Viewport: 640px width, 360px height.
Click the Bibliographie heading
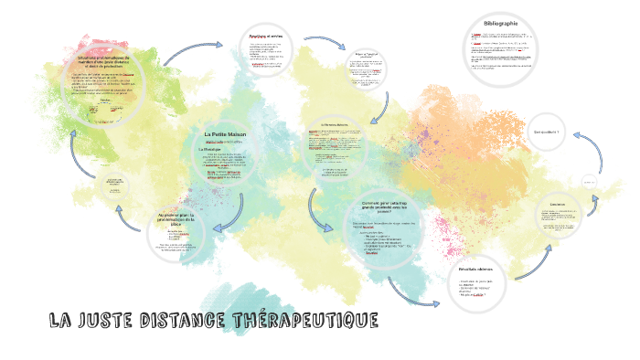coord(500,23)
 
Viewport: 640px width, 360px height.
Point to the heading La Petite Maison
coord(225,134)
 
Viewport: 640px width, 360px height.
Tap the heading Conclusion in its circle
coord(558,204)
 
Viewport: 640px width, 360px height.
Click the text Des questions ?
coord(546,132)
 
